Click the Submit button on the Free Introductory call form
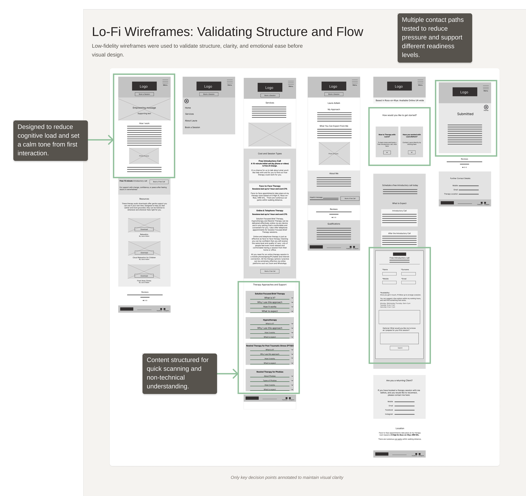pyautogui.click(x=399, y=348)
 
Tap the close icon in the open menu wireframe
pyautogui.click(x=187, y=101)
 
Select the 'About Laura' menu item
pyautogui.click(x=191, y=121)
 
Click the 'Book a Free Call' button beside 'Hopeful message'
pyautogui.click(x=350, y=198)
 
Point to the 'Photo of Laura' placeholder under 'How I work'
pyautogui.click(x=144, y=156)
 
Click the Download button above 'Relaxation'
pyautogui.click(x=144, y=229)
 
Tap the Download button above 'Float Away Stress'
pyautogui.click(x=144, y=276)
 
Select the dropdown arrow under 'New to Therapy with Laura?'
pyautogui.click(x=387, y=152)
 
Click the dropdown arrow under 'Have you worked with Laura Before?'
pyautogui.click(x=412, y=152)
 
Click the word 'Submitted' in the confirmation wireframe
pyautogui.click(x=465, y=114)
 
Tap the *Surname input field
pyautogui.click(x=408, y=274)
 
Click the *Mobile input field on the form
pyautogui.click(x=389, y=282)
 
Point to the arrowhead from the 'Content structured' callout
pyautogui.click(x=236, y=374)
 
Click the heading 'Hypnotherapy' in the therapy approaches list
pyautogui.click(x=270, y=320)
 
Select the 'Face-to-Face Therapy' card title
pyautogui.click(x=270, y=186)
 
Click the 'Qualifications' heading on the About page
pyautogui.click(x=334, y=224)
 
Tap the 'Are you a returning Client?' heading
pyautogui.click(x=399, y=381)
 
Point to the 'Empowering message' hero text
pyautogui.click(x=144, y=108)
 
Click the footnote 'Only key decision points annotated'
pyautogui.click(x=287, y=477)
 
